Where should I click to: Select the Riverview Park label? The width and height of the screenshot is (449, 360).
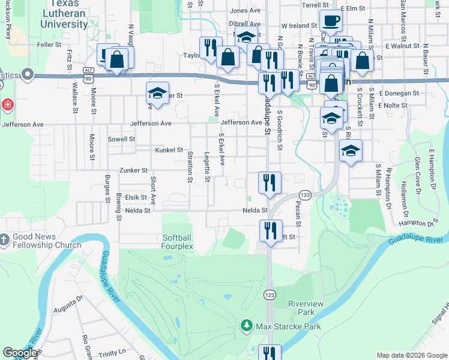click(x=306, y=308)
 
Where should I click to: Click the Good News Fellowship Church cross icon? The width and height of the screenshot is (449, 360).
click(x=4, y=240)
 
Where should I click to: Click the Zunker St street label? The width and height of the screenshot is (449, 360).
click(x=133, y=170)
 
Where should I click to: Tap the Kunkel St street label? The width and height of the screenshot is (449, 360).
click(x=169, y=149)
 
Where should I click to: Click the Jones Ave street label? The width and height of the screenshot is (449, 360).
click(x=245, y=10)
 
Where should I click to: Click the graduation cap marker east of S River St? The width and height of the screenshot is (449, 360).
click(x=351, y=151)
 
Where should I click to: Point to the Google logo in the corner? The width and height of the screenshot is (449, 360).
click(x=20, y=353)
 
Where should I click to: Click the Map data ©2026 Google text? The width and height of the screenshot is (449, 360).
click(x=411, y=355)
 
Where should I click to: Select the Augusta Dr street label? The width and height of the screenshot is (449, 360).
click(x=67, y=308)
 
